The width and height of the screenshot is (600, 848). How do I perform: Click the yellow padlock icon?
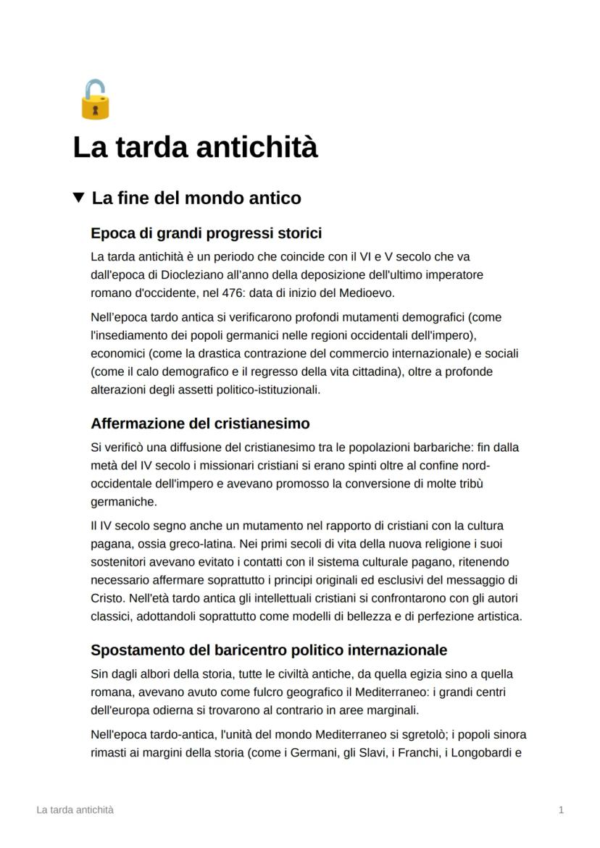95,100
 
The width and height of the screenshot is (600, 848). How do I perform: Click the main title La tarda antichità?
195,147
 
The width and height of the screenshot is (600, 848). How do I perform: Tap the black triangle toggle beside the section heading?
79,197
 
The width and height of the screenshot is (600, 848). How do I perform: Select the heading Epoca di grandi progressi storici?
206,233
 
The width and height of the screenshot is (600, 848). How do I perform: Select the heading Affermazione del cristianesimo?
200,424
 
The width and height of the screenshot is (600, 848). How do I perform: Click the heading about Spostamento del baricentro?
269,650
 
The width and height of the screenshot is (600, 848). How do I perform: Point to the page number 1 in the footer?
561,810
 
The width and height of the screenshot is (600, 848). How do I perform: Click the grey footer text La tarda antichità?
75,810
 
